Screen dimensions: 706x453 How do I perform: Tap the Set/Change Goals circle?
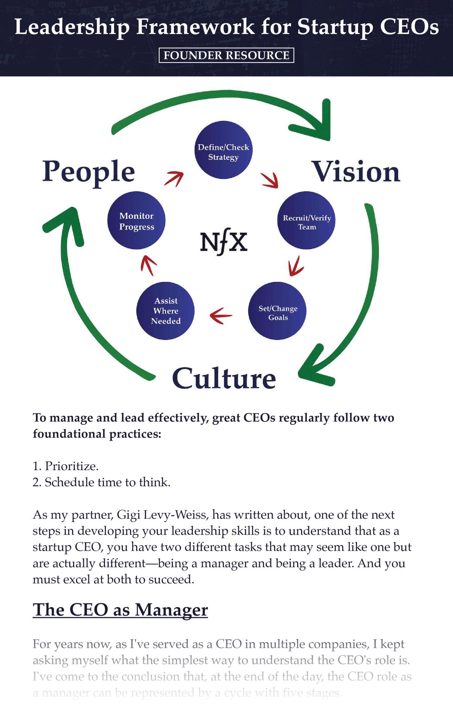(x=277, y=311)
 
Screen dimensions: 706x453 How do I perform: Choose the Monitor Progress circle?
(x=136, y=221)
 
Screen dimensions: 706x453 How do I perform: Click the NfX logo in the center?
(x=224, y=243)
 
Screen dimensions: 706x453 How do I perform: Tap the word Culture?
(x=224, y=378)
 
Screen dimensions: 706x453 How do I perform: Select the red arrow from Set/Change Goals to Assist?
(x=221, y=316)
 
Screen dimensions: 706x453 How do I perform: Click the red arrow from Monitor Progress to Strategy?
(x=174, y=178)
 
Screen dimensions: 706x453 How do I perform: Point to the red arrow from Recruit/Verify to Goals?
(x=296, y=266)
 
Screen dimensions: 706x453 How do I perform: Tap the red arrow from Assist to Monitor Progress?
(x=149, y=265)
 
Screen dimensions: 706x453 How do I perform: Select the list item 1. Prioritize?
(x=66, y=466)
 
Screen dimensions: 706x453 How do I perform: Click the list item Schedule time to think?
(x=101, y=482)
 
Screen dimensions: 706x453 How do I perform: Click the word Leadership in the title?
(x=72, y=27)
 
